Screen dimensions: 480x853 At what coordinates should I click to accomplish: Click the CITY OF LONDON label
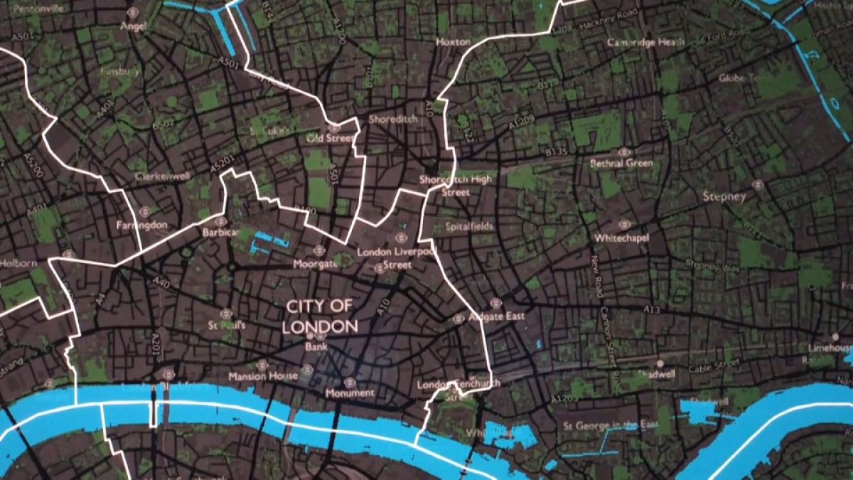coord(319,316)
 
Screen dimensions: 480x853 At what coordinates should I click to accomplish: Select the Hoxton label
coord(453,42)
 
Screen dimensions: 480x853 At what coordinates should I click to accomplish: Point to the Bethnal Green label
coord(621,164)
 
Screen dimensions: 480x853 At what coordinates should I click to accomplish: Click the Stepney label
coord(723,196)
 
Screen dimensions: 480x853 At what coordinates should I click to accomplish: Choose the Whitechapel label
coord(622,238)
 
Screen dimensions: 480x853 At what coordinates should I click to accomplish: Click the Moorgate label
coord(316,264)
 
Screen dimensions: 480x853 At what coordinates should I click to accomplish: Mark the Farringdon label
coord(141,225)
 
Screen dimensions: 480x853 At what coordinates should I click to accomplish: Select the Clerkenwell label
coord(158,176)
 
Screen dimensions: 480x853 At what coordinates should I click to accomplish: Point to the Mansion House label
coord(257,375)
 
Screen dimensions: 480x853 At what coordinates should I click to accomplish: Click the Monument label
coord(349,393)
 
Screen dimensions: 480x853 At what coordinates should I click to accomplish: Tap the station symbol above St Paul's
coord(226,313)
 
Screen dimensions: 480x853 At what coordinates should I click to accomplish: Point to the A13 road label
coord(652,310)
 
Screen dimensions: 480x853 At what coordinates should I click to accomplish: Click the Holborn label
coord(19,263)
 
